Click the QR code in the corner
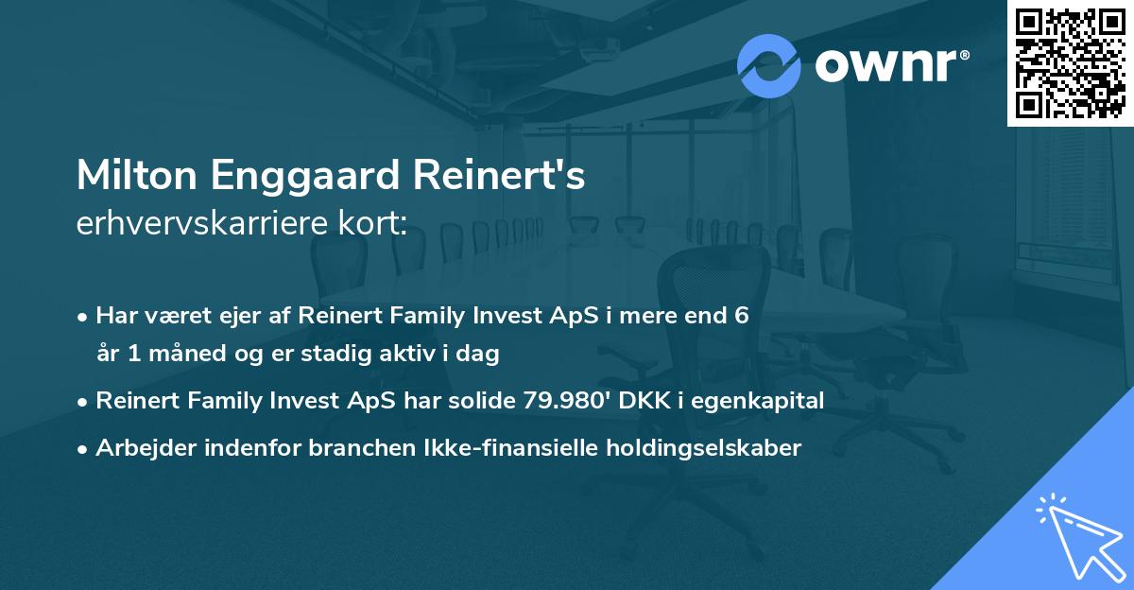[1070, 63]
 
